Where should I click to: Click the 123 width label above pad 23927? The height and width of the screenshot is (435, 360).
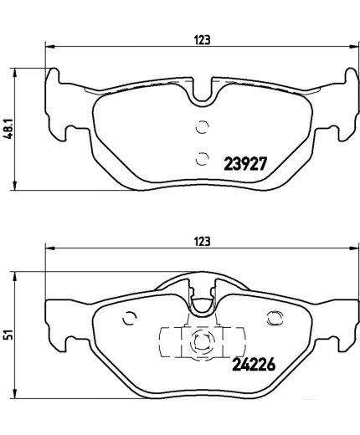[x=201, y=38]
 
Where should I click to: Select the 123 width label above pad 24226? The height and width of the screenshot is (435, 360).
[x=201, y=240]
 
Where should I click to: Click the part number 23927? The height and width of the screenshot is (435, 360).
[x=244, y=164]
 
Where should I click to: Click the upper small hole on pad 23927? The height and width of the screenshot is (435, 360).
[x=200, y=128]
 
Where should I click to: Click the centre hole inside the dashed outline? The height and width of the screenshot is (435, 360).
[x=200, y=340]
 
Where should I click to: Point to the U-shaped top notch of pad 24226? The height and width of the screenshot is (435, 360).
[x=201, y=294]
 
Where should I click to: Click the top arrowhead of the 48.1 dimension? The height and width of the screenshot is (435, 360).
[x=19, y=70]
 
